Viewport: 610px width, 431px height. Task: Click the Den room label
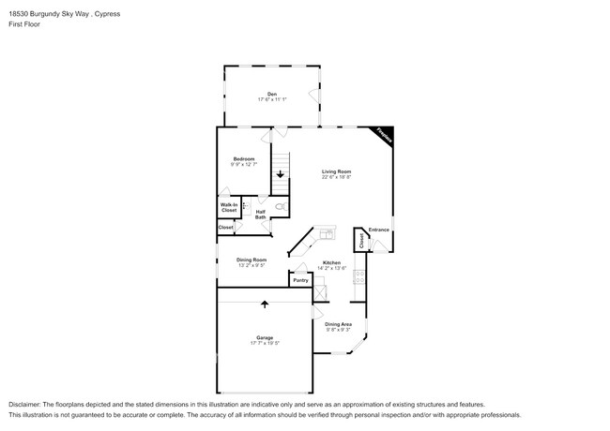point(271,94)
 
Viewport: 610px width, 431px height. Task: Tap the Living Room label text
point(336,171)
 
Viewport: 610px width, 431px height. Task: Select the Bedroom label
point(244,159)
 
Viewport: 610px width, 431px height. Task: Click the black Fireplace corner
point(384,135)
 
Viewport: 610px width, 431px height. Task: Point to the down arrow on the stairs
point(280,174)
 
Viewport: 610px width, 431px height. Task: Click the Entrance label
point(378,230)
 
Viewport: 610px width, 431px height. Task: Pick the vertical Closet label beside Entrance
point(361,241)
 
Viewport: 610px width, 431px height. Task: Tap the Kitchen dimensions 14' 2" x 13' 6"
point(331,269)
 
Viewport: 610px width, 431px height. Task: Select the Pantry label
point(300,280)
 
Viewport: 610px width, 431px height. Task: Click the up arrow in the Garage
point(265,304)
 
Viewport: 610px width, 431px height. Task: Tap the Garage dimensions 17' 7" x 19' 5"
point(265,343)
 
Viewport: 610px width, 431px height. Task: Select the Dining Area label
point(338,324)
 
